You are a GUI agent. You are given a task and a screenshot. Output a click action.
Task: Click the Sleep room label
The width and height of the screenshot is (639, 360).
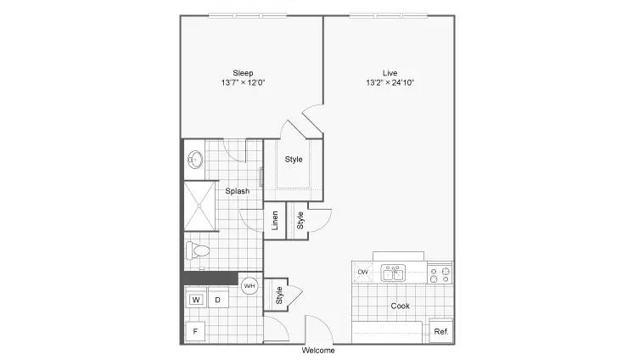tap(243, 73)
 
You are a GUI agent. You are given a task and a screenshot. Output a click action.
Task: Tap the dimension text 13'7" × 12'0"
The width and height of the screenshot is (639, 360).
tap(244, 82)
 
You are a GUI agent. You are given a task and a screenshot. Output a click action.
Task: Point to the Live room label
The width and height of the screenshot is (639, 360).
tap(390, 73)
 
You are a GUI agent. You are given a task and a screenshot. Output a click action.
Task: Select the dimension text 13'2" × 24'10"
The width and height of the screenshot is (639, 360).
tap(390, 82)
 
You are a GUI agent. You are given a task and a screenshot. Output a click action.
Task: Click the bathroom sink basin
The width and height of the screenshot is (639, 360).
tap(196, 160)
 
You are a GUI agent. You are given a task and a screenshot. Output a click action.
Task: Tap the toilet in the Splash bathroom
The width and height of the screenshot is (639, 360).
tap(197, 250)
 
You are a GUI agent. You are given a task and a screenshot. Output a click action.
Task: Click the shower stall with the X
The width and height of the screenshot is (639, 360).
tap(199, 206)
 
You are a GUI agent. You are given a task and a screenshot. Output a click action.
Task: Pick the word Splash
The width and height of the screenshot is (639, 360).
tap(238, 191)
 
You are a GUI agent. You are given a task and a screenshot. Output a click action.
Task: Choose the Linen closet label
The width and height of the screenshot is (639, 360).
tap(275, 221)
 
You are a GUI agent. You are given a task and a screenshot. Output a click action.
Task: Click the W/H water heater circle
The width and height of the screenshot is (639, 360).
tap(249, 286)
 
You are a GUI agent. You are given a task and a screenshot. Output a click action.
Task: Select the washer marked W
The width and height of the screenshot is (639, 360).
tap(196, 300)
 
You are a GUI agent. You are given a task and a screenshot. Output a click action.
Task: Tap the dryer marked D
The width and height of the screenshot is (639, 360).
tap(218, 300)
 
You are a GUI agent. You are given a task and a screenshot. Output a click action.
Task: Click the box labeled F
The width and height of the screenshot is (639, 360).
tap(195, 331)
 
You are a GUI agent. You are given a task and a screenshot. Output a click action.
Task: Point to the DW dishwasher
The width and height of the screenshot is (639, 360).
tap(362, 272)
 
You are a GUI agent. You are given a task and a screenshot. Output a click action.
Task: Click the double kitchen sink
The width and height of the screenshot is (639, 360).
tap(393, 273)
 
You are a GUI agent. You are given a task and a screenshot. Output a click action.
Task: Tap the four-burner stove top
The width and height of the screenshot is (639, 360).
tap(440, 275)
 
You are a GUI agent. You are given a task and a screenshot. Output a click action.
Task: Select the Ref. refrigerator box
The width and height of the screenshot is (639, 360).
tap(441, 331)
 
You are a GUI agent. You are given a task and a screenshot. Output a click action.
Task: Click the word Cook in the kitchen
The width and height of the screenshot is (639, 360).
tap(401, 306)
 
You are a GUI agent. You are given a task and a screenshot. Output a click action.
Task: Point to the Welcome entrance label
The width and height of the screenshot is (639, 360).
tap(318, 350)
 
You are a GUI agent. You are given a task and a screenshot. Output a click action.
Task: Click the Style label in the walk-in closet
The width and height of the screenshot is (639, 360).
tap(294, 160)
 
